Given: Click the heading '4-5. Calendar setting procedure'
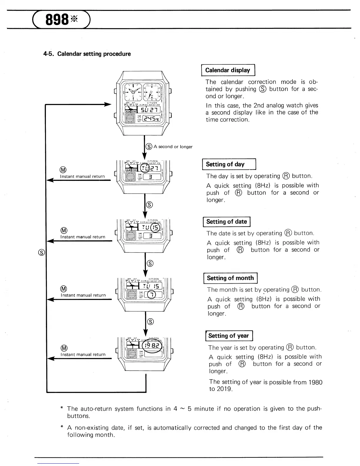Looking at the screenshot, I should tap(87, 54).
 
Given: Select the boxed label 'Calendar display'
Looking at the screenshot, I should tap(228, 70).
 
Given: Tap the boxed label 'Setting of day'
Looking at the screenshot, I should tap(225, 164).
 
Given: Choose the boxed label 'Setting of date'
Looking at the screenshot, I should tap(226, 222).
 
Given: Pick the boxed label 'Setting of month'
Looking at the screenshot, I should tap(230, 278).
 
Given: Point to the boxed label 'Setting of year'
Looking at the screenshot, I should tap(229, 336).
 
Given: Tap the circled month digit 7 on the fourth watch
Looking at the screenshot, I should tap(151, 294).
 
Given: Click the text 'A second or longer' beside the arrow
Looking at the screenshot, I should tap(173, 147).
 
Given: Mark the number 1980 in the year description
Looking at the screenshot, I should tap(315, 382).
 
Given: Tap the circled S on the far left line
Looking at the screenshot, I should tap(41, 252).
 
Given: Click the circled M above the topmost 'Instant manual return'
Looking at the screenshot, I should tap(63, 170).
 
